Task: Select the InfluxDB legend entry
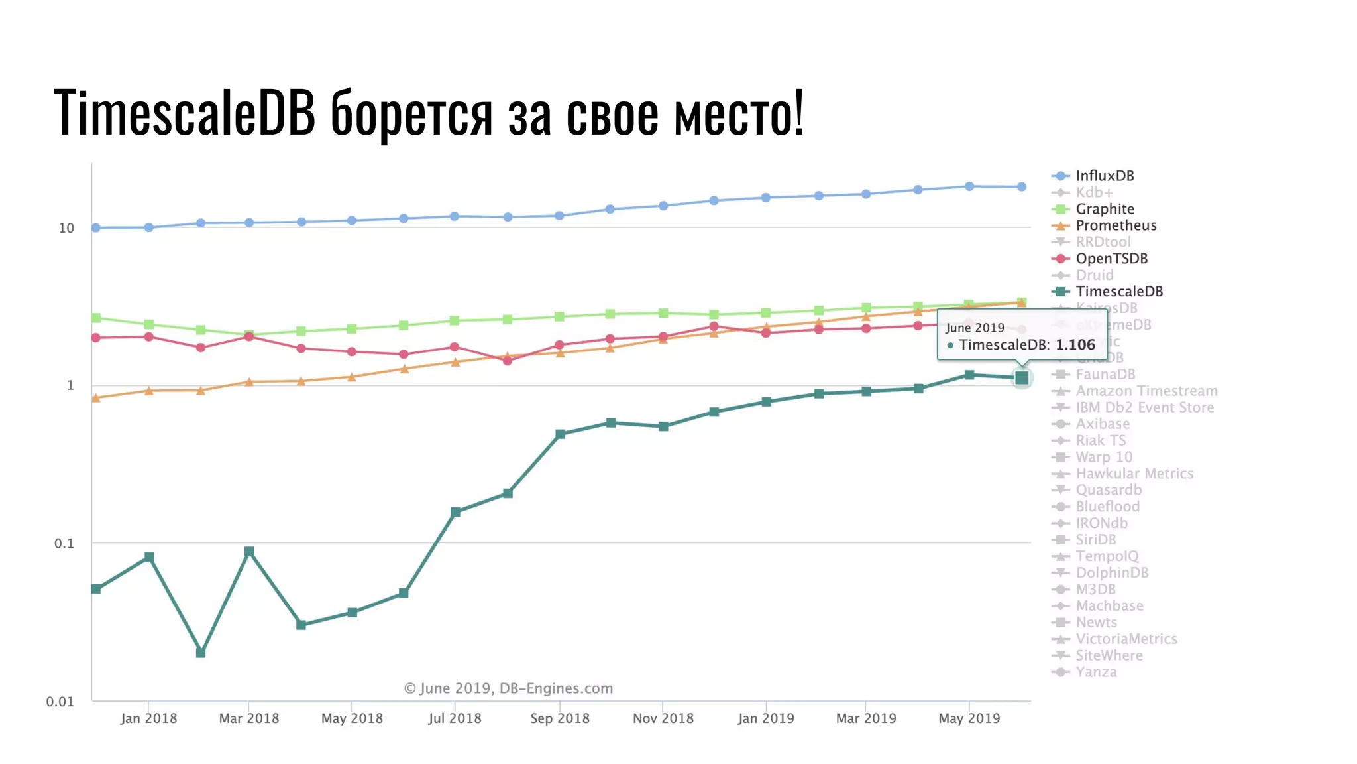pyautogui.click(x=1104, y=176)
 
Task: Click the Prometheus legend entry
pyautogui.click(x=1115, y=225)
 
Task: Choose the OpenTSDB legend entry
pyautogui.click(x=1111, y=259)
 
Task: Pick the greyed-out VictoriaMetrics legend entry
pyautogui.click(x=1126, y=639)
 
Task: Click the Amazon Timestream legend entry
pyautogui.click(x=1146, y=391)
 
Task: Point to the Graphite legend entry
pyautogui.click(x=1104, y=209)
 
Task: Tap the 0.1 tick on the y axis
pyautogui.click(x=64, y=544)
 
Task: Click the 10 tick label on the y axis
pyautogui.click(x=66, y=228)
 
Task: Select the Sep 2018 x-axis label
pyautogui.click(x=559, y=718)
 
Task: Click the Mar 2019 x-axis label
pyautogui.click(x=865, y=718)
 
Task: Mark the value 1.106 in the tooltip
pyautogui.click(x=1075, y=345)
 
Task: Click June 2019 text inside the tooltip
pyautogui.click(x=975, y=328)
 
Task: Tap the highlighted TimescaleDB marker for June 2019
pyautogui.click(x=1022, y=378)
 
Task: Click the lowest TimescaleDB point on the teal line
pyautogui.click(x=201, y=653)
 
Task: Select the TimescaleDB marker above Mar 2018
pyautogui.click(x=249, y=552)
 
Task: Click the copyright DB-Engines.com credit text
pyautogui.click(x=508, y=688)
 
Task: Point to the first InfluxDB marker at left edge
pyautogui.click(x=96, y=227)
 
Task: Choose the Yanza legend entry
pyautogui.click(x=1095, y=672)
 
